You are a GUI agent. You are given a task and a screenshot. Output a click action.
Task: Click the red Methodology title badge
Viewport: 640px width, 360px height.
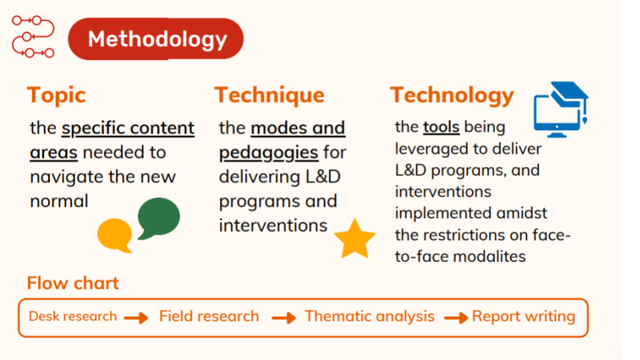[155, 39]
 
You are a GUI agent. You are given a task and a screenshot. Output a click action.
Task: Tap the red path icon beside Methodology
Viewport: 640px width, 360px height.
[33, 36]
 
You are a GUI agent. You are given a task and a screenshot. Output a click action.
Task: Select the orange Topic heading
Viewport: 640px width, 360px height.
[56, 95]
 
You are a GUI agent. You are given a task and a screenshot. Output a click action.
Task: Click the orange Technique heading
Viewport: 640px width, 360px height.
[269, 95]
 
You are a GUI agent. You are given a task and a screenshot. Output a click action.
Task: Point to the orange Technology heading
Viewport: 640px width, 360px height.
[452, 95]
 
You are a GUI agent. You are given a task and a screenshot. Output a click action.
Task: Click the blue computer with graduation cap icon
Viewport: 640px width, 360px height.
[561, 109]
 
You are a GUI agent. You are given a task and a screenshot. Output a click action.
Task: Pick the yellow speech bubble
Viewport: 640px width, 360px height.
[115, 235]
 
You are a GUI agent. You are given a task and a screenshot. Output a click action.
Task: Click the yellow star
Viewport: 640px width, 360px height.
[355, 239]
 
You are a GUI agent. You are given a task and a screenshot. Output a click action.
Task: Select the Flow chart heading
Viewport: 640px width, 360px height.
[73, 283]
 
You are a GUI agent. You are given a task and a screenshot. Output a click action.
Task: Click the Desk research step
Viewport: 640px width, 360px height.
[73, 316]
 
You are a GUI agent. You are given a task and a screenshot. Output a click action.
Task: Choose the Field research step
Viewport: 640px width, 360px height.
[209, 316]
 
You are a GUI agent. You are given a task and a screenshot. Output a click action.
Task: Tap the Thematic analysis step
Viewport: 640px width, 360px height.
[369, 316]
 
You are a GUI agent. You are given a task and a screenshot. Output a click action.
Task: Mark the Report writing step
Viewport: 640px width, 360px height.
[524, 316]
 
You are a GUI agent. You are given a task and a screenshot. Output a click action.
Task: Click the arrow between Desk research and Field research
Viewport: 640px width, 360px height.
[136, 317]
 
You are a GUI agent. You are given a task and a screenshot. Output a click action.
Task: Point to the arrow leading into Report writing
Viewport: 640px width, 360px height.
[456, 317]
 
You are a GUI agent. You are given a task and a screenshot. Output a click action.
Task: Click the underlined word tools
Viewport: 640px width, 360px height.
[441, 127]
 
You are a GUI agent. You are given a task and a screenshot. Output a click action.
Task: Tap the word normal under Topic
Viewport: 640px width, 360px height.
[59, 201]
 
